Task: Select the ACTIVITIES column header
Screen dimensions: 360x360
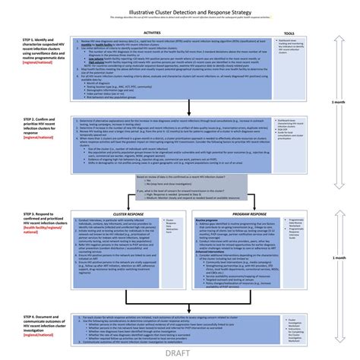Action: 151,33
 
